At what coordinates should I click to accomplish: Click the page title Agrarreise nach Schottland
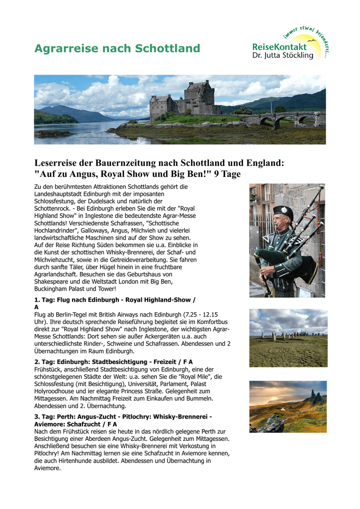click(x=117, y=49)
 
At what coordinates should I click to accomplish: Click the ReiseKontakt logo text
click(x=279, y=47)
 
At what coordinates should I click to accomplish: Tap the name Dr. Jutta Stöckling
click(x=282, y=56)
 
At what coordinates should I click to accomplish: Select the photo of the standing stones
click(x=288, y=338)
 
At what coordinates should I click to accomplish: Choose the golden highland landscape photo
click(x=288, y=406)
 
